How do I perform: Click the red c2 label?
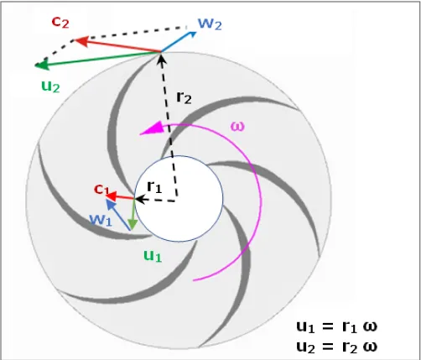60,21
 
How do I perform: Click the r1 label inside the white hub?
154,186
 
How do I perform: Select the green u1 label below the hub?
151,255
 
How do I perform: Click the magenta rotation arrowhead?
150,128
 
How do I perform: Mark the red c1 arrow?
122,197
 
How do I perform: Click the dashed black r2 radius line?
169,126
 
